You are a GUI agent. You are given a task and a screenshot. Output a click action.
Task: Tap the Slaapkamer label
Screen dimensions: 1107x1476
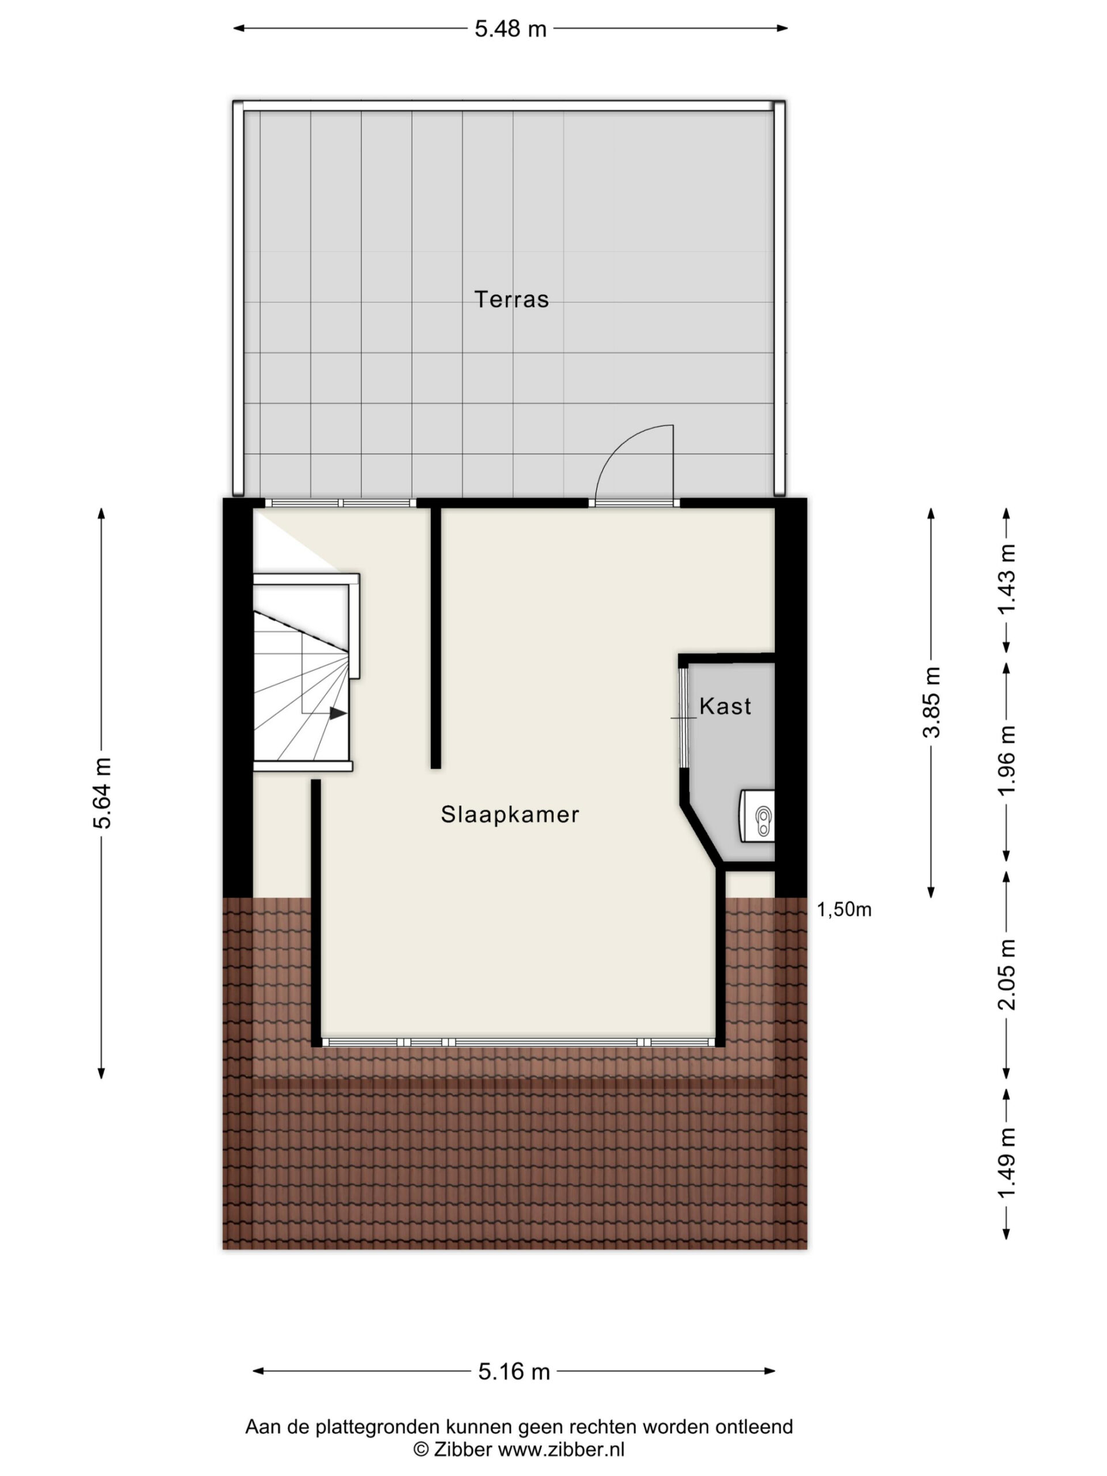pos(510,814)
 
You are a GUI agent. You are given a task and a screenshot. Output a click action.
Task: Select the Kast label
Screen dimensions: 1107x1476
pos(725,706)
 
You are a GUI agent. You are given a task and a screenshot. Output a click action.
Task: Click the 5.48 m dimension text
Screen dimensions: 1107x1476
pos(510,29)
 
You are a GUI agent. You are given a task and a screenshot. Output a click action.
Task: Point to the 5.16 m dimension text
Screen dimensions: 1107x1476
pos(514,1371)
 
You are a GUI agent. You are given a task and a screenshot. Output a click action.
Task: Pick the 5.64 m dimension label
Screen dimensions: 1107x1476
pos(102,793)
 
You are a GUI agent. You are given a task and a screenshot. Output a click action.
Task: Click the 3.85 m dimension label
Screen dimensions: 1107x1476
pos(932,702)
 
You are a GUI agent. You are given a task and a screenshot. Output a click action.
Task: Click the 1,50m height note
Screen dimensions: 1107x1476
pos(844,909)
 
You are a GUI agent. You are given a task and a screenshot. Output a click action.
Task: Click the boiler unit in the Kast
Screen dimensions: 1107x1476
pos(758,815)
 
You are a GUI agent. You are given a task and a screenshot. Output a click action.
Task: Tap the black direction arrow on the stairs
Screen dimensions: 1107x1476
pos(338,713)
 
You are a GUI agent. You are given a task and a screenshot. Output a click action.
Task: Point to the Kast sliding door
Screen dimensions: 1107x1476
pos(683,717)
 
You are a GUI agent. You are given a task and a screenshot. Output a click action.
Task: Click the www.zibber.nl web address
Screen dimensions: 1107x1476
pos(561,1449)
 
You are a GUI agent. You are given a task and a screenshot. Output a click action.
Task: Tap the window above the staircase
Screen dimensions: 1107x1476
pos(340,502)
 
